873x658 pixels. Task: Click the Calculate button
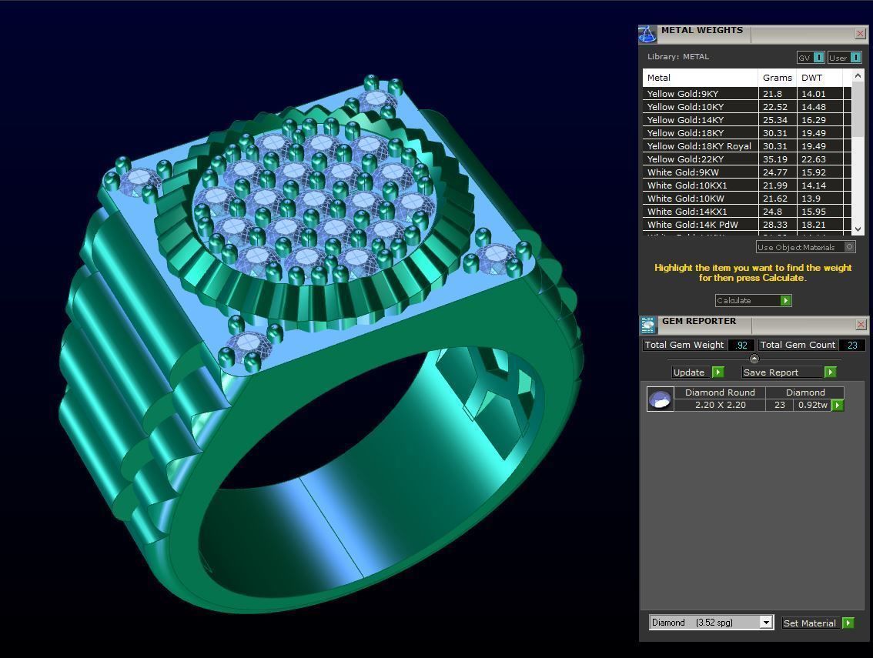(x=753, y=300)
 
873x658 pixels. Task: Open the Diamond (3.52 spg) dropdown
(x=711, y=623)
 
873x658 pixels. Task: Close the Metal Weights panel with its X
(x=860, y=33)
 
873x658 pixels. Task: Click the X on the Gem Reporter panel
(x=860, y=324)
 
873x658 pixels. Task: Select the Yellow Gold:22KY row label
(x=685, y=159)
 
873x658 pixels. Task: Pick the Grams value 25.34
(x=774, y=120)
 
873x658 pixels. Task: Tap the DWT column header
(x=811, y=78)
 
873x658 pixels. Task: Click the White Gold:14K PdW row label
(x=692, y=225)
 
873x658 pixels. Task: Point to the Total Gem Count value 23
(x=852, y=345)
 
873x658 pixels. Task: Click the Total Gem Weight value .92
(x=741, y=345)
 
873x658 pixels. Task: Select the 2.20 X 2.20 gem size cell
(x=720, y=405)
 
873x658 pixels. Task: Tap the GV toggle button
(x=811, y=58)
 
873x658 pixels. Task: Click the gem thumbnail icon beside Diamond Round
(x=660, y=399)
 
